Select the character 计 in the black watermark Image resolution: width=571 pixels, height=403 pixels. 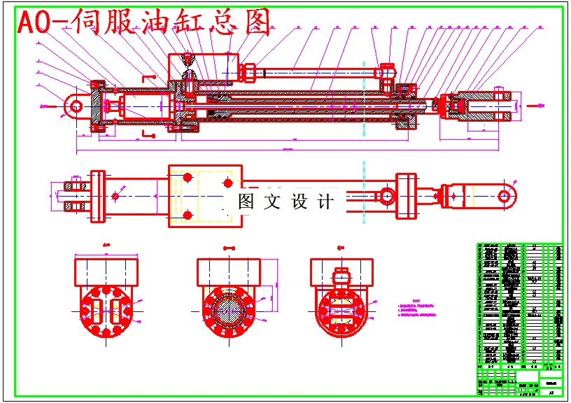pyautogui.click(x=325, y=202)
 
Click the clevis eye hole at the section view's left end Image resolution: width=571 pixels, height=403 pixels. pyautogui.click(x=75, y=106)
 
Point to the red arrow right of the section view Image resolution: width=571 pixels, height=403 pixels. pyautogui.click(x=533, y=106)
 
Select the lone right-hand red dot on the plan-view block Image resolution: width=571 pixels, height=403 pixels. pyautogui.click(x=227, y=182)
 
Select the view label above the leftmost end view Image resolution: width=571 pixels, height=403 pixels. pyautogui.click(x=106, y=246)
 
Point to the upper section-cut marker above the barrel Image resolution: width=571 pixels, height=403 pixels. pyautogui.click(x=148, y=76)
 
